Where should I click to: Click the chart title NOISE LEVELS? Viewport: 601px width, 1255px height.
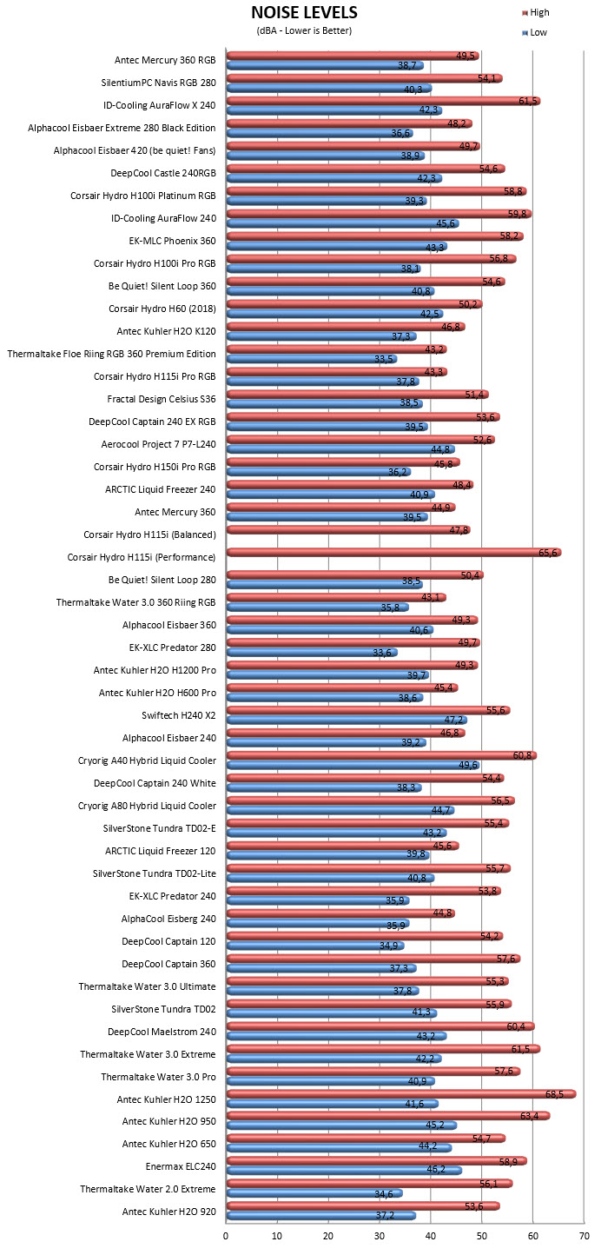(304, 12)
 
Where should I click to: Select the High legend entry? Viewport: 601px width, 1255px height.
(536, 12)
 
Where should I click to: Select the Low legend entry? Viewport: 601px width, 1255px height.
(534, 32)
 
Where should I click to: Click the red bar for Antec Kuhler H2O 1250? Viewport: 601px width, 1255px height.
(401, 1093)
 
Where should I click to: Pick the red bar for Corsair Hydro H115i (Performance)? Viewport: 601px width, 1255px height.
(393, 553)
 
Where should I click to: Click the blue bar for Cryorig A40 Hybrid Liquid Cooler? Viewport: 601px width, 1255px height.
(353, 765)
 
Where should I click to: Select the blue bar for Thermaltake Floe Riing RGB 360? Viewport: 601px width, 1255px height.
(312, 359)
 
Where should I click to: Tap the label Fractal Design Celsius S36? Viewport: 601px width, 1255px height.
(162, 399)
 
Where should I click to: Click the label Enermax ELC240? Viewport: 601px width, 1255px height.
(181, 1166)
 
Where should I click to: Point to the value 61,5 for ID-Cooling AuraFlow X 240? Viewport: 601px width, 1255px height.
(528, 101)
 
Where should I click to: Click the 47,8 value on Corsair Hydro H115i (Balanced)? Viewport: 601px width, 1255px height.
(459, 530)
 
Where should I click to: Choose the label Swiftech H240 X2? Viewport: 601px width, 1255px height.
(179, 715)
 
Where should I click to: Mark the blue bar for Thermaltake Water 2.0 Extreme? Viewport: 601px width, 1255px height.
(314, 1193)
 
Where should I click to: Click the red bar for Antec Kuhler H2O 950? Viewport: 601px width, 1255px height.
(388, 1115)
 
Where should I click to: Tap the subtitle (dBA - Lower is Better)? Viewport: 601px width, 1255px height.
(304, 30)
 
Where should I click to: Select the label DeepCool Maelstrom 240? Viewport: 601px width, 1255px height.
(162, 1032)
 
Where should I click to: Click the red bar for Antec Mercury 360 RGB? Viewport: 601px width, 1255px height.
(353, 56)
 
